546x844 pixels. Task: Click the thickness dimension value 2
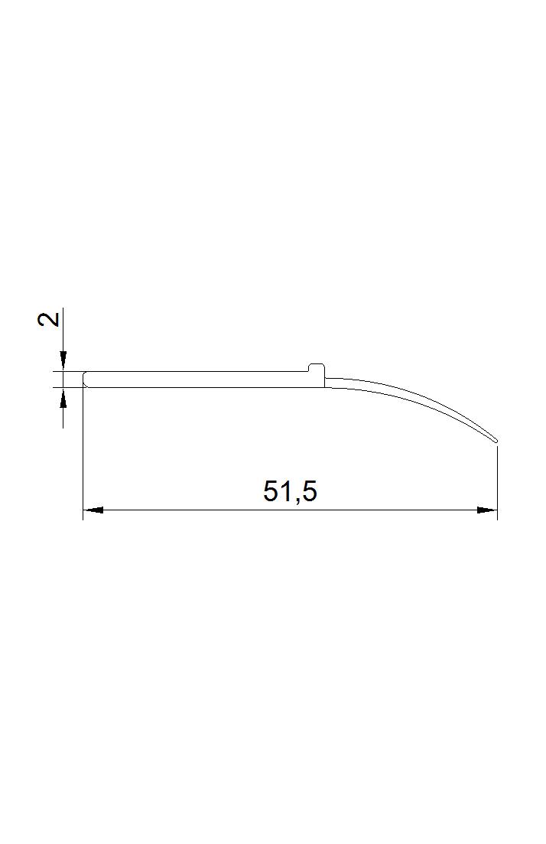click(x=49, y=320)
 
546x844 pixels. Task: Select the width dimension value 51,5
click(x=290, y=491)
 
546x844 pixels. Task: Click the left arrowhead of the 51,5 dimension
click(x=93, y=510)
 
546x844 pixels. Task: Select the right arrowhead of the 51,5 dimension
click(x=487, y=510)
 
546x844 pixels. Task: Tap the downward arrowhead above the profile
click(x=63, y=360)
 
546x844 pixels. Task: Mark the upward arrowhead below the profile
click(x=63, y=397)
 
